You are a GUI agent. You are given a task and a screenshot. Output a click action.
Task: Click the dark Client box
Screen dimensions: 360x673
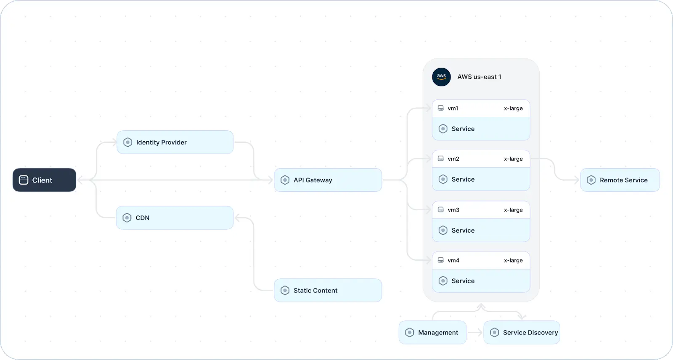[44, 180]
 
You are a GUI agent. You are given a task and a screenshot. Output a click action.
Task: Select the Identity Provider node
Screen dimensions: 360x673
[175, 142]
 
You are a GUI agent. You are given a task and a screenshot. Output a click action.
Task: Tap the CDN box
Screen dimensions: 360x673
[175, 218]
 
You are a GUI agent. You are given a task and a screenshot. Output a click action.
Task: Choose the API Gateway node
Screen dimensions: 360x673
[328, 180]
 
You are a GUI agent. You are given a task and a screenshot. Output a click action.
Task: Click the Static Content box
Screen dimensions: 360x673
[328, 290]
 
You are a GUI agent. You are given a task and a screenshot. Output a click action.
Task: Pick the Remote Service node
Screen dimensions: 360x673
[620, 180]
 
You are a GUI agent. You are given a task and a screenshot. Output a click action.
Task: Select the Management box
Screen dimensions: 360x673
[432, 332]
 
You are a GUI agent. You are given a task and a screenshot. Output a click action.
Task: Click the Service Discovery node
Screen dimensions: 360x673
[522, 332]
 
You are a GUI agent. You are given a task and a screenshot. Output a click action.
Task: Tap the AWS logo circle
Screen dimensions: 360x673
[441, 77]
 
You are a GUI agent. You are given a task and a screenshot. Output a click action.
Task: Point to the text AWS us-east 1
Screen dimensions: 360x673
[479, 77]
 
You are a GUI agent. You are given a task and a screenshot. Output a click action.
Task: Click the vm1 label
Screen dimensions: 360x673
[453, 109]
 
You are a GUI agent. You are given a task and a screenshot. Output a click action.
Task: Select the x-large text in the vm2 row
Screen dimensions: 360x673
[513, 159]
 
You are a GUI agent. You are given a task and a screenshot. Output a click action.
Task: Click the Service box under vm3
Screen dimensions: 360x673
[481, 230]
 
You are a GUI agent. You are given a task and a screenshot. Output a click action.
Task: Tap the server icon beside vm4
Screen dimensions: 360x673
[440, 260]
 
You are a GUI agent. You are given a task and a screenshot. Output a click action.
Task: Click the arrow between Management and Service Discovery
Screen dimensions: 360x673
[475, 332]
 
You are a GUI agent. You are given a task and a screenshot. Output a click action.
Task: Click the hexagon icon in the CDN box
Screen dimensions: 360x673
[127, 218]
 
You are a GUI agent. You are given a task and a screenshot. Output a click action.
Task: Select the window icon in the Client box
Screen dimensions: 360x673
[24, 180]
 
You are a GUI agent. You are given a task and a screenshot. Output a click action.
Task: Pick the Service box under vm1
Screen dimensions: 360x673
[481, 129]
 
